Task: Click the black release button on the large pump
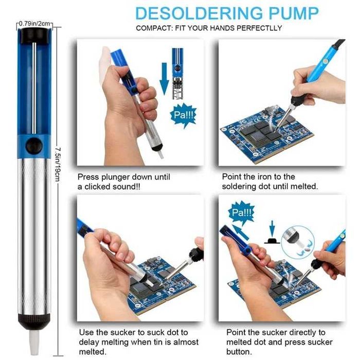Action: pos(34,145)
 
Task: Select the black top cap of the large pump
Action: pos(34,34)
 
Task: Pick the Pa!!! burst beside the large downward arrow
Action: pos(183,116)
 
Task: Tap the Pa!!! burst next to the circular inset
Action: pos(242,212)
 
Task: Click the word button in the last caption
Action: pos(237,352)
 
